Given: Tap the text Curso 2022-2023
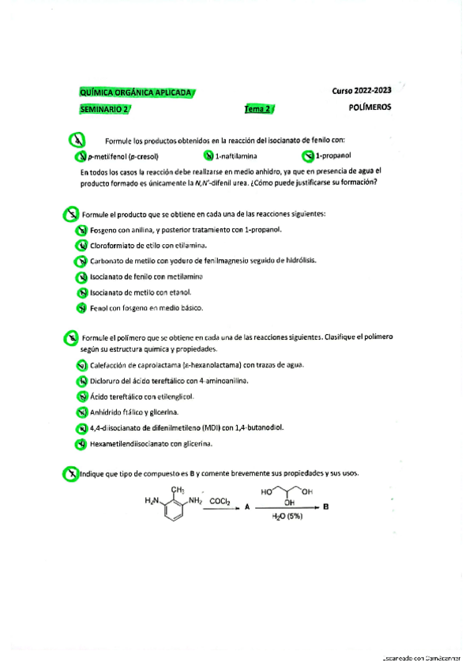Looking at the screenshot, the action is pos(362,91).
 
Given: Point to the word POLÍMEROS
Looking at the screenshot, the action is pos(370,107).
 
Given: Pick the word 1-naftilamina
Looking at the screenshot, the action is pos(236,156).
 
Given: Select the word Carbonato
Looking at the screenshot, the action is pos(107,261).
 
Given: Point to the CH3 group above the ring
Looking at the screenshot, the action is pos(178,491).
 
